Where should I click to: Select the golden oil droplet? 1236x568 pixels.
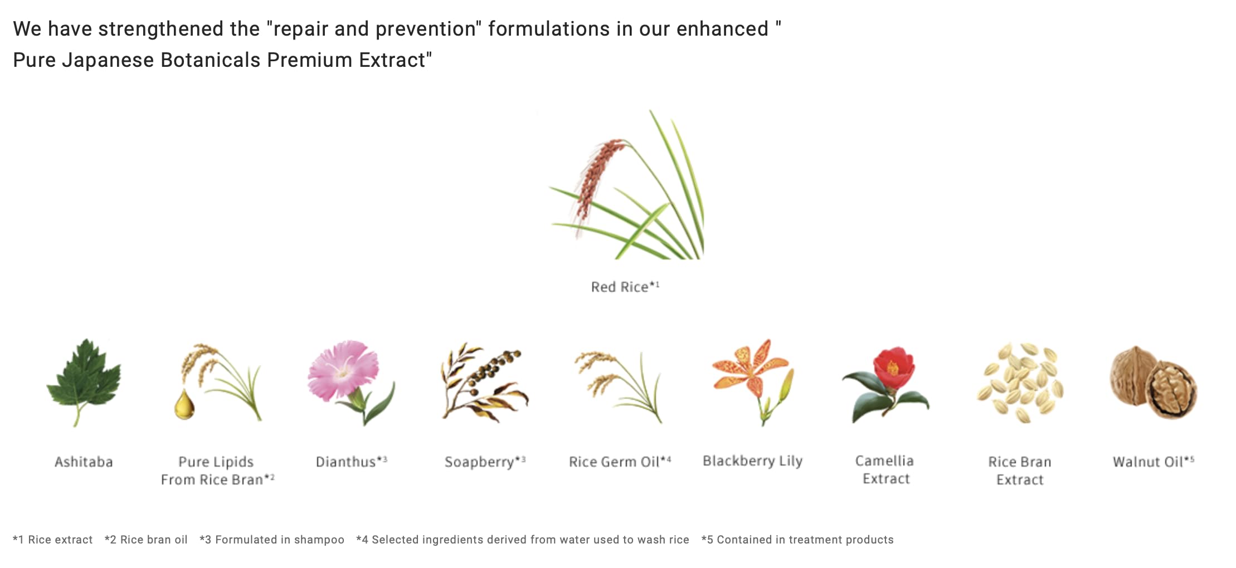pos(184,405)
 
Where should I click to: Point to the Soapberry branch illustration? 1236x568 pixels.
pos(484,383)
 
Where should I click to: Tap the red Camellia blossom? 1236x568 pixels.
pos(893,368)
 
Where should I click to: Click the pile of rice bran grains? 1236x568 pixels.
pos(1020,383)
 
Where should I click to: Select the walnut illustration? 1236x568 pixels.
pos(1153,383)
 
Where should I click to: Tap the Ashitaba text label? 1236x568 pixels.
pos(84,462)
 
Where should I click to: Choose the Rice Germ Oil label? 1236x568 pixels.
pos(620,462)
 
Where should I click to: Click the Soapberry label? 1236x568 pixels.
pos(485,462)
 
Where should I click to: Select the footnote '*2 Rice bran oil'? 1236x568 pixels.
pos(146,540)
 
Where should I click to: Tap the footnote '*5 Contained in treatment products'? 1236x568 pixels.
pos(797,540)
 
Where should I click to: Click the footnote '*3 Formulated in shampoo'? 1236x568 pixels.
pos(272,540)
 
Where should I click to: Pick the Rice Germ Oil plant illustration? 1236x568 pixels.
pos(619,386)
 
